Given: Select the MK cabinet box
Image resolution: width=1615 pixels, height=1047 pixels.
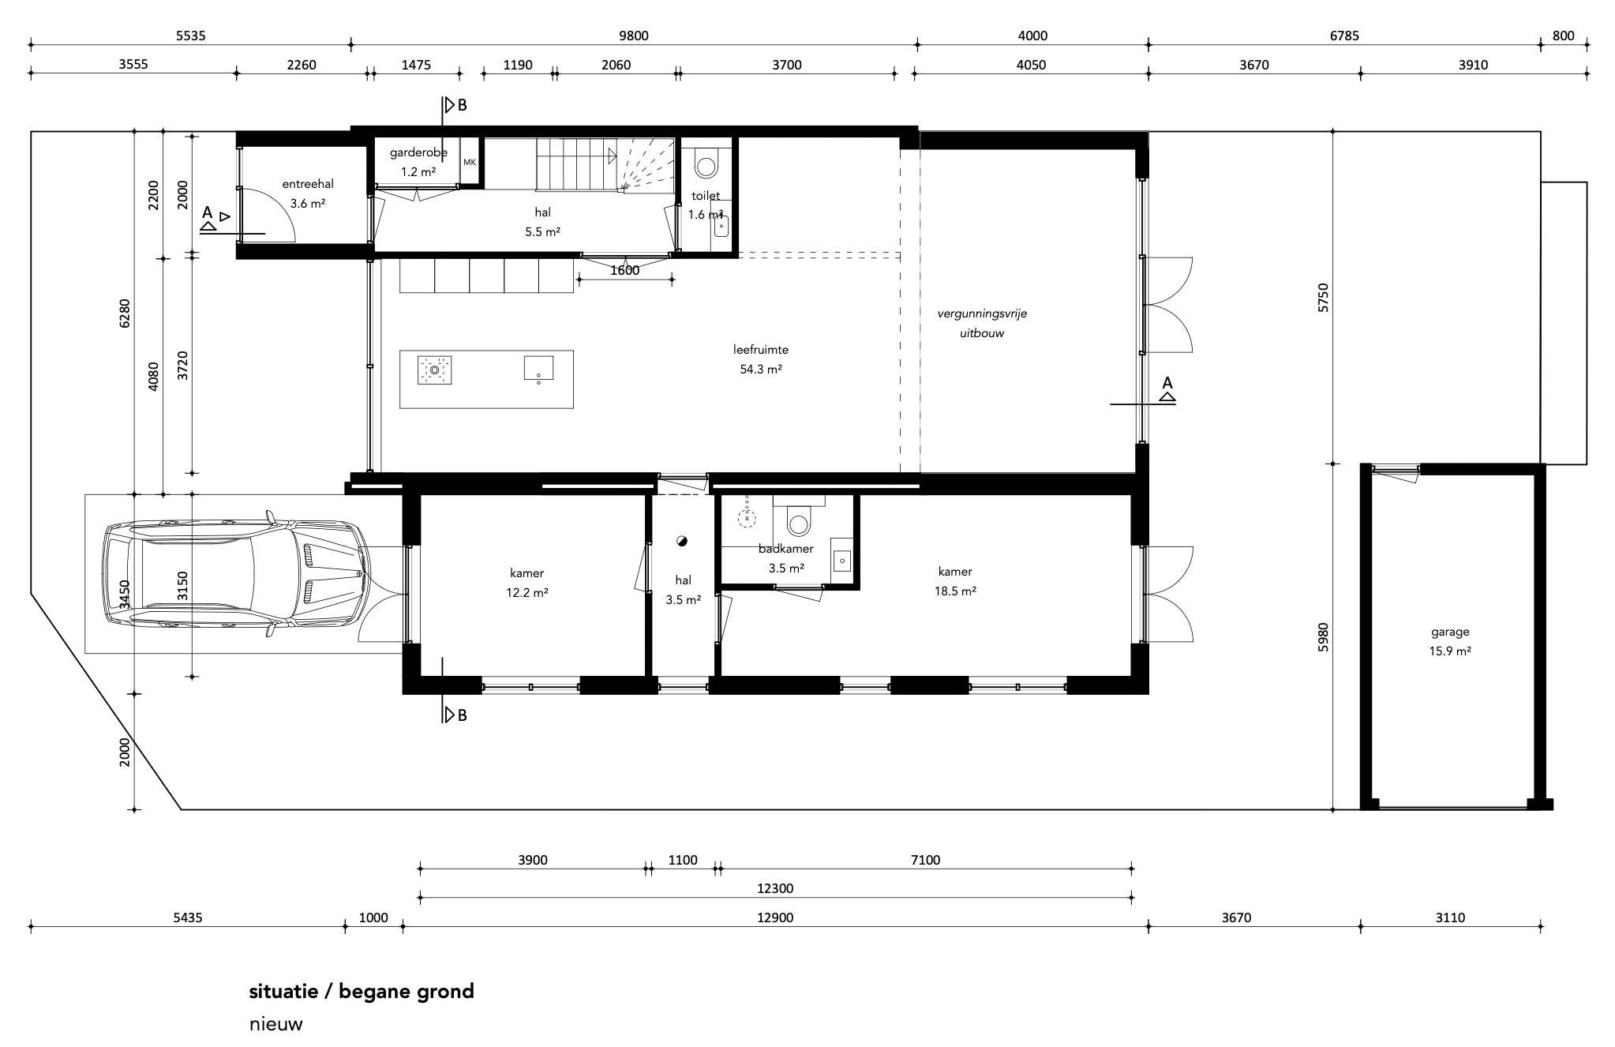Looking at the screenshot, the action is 470,162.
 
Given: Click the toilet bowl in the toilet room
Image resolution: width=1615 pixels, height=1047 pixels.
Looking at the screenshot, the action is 706,166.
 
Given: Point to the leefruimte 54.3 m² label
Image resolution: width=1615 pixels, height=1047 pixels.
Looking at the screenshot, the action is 761,359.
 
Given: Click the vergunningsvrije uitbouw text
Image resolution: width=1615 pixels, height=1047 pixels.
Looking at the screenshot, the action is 982,323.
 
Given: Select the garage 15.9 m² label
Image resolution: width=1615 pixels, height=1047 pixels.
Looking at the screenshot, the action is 1451,641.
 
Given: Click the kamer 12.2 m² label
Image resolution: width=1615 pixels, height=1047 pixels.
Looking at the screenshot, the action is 527,583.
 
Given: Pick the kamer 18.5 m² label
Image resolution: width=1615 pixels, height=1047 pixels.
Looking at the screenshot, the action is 955,581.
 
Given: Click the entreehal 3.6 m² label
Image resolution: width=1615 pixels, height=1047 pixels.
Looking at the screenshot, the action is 308,193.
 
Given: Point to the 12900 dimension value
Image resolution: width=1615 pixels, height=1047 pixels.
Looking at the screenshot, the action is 775,918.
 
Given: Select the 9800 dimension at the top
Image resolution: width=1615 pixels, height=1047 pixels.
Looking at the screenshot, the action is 634,36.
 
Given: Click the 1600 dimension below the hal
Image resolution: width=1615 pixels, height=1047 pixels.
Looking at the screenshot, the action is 625,271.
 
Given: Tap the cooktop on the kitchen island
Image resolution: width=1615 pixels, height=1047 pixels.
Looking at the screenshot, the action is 434,369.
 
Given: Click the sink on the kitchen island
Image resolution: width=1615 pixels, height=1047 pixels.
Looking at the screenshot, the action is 538,368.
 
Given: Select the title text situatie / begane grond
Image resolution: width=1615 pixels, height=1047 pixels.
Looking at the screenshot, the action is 362,992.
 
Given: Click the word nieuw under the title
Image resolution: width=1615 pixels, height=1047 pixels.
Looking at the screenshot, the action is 275,1025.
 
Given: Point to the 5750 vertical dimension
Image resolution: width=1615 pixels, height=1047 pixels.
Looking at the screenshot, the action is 1324,297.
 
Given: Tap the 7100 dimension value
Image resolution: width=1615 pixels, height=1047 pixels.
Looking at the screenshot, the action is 926,860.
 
